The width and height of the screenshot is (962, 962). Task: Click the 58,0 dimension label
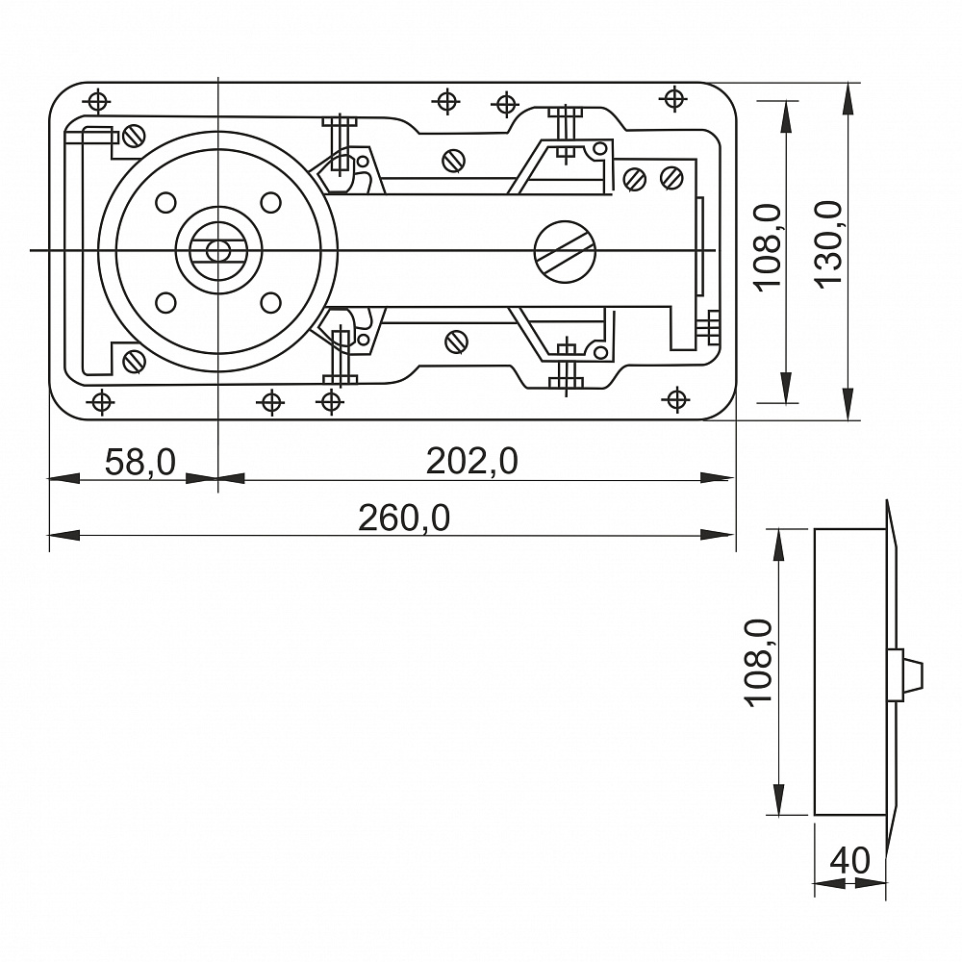coord(140,462)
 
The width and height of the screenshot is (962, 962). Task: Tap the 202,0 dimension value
coord(471,462)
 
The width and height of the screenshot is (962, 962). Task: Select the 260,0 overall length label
coord(404,519)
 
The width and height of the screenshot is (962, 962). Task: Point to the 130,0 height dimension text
coord(828,243)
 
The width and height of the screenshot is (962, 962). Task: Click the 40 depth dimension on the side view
coord(849,860)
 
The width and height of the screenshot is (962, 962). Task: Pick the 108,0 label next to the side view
coord(759,664)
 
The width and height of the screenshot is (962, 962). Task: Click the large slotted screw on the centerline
coord(565,251)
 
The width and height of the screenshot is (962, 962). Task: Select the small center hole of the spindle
coord(216,251)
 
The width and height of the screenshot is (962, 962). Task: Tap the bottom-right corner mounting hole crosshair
coord(676,400)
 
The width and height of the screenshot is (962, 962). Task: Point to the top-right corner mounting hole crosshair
coord(673,97)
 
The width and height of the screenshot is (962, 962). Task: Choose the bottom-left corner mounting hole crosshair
coord(101,402)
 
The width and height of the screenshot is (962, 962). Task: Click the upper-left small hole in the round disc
coord(165,202)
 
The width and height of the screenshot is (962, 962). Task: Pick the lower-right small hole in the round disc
coord(270,302)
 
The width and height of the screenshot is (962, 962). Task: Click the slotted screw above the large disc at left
coord(134,137)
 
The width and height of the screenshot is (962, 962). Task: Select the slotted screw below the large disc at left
coord(134,362)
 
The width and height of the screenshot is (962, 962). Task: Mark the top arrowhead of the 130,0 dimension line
coord(848,98)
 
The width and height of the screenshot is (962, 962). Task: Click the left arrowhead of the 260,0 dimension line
coord(64,536)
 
